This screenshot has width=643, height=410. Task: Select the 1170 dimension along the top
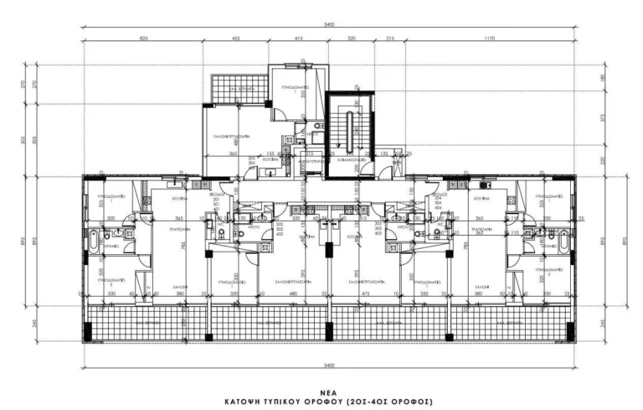(489, 39)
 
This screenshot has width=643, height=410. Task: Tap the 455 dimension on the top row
(236, 39)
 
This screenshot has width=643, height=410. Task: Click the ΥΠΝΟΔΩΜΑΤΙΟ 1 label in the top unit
(296, 86)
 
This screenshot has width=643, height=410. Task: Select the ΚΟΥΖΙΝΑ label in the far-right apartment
(479, 198)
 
